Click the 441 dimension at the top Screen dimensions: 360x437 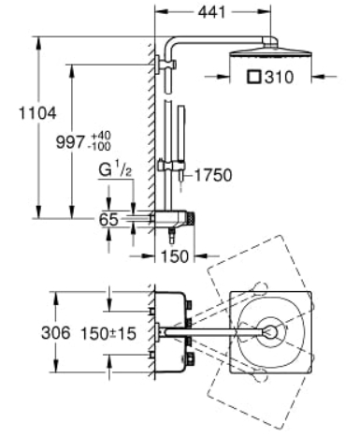(x=211, y=12)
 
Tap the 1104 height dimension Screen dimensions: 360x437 (x=37, y=113)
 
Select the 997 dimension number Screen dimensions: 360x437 (x=70, y=142)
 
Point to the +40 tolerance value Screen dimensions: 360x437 (x=101, y=136)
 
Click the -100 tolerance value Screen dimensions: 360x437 (x=100, y=146)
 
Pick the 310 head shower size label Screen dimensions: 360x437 (x=280, y=77)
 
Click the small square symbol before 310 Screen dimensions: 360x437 (x=254, y=77)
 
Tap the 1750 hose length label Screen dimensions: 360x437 (x=213, y=175)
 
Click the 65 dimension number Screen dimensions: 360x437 (x=108, y=219)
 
